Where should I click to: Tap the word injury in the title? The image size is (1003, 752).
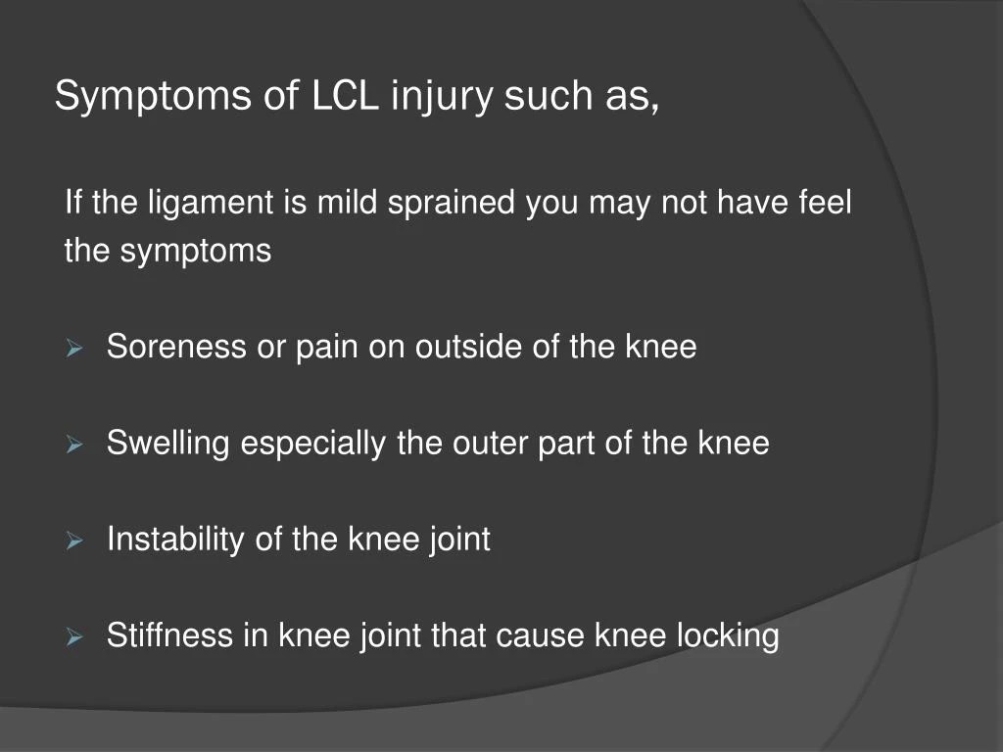click(x=443, y=96)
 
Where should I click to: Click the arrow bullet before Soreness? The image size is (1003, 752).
click(x=73, y=348)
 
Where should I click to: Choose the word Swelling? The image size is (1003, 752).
click(x=167, y=444)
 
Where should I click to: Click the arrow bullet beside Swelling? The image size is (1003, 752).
click(x=73, y=445)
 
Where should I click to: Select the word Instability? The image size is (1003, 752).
click(x=174, y=540)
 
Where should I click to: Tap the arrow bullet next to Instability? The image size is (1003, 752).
click(x=73, y=540)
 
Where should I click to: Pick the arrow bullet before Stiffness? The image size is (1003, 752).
click(x=73, y=637)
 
